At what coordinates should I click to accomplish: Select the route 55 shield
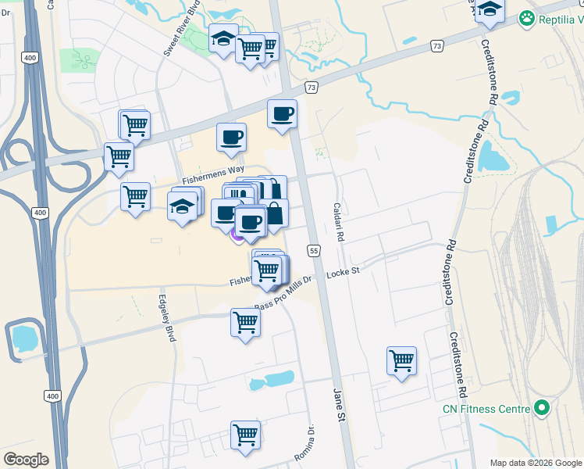(314, 250)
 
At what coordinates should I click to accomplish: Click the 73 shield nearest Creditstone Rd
(436, 48)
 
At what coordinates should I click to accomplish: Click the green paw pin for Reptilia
(529, 17)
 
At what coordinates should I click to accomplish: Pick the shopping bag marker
(275, 213)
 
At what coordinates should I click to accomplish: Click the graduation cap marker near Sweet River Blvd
(223, 38)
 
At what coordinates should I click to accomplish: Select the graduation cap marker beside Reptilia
(490, 9)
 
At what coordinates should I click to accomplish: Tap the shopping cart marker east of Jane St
(401, 360)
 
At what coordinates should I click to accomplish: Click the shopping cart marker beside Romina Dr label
(245, 435)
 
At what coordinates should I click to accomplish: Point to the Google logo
(26, 460)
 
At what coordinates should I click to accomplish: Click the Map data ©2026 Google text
(536, 463)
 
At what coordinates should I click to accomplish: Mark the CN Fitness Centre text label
(483, 408)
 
